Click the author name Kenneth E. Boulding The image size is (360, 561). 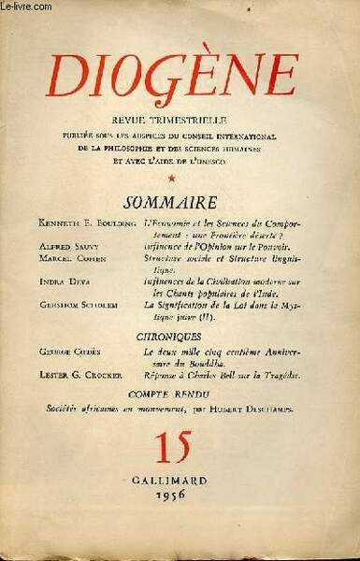[72, 225]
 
